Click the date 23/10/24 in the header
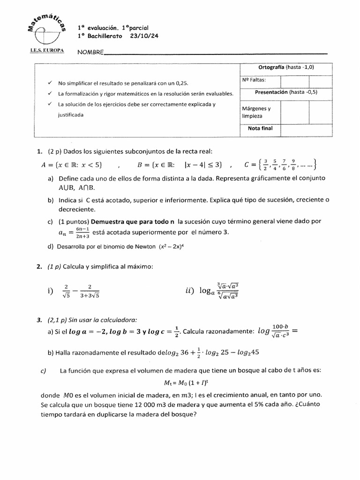(139, 36)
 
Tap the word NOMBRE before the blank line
(90, 52)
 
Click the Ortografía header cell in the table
(286, 67)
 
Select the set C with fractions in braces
(281, 165)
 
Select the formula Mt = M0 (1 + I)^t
(180, 382)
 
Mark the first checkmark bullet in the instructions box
(50, 83)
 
